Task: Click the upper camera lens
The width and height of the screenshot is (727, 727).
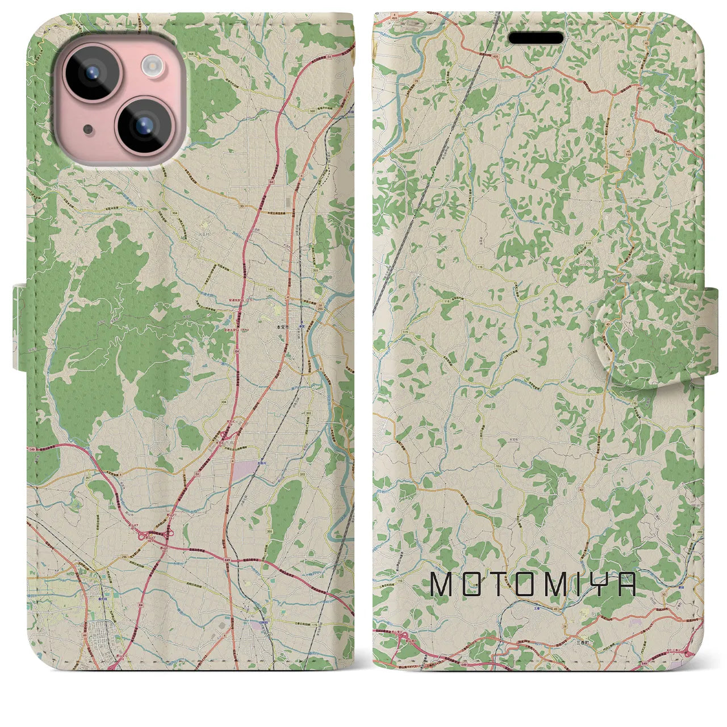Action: point(90,73)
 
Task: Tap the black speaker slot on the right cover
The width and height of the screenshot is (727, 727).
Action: point(536,38)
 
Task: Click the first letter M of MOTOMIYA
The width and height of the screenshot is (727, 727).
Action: point(441,584)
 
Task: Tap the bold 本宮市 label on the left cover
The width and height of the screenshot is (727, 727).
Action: point(282,327)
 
